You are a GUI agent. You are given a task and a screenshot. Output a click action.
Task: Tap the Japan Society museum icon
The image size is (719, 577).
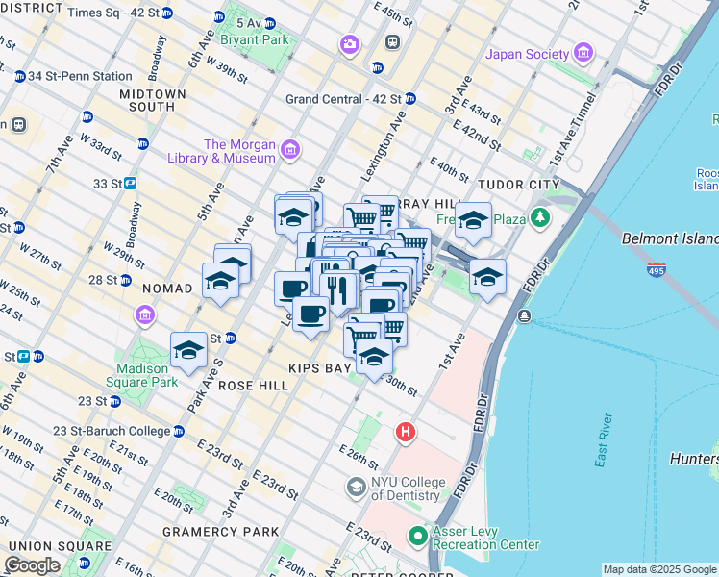[x=583, y=54]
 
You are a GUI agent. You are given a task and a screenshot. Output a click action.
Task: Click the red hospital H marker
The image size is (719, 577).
[x=406, y=434]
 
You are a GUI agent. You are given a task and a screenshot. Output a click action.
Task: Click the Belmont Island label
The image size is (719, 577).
[x=670, y=238]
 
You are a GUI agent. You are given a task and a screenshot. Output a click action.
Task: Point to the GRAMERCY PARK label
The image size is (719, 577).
[x=221, y=531]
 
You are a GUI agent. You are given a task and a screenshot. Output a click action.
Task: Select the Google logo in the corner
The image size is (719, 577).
[x=32, y=565]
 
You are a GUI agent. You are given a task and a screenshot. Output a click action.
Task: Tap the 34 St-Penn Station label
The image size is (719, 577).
[x=80, y=76]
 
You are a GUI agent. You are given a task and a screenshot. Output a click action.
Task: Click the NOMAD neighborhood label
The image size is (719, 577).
[x=168, y=288]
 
